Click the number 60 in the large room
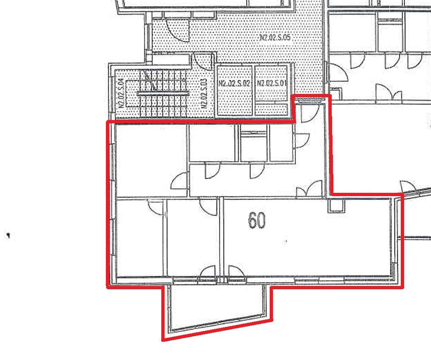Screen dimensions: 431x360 click(257, 221)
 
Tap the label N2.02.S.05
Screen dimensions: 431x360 click(275, 37)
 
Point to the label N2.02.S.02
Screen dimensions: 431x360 click(235, 83)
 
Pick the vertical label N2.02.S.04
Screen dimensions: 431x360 click(121, 93)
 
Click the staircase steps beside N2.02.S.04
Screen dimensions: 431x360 click(164, 94)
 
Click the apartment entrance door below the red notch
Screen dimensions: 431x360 click(310, 113)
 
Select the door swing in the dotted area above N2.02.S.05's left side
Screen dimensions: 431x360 click(178, 30)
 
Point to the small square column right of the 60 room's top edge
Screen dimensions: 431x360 click(335, 205)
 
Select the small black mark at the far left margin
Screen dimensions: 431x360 click(8, 236)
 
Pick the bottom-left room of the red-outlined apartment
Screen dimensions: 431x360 click(140, 238)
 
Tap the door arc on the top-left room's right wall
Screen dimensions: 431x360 click(179, 181)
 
